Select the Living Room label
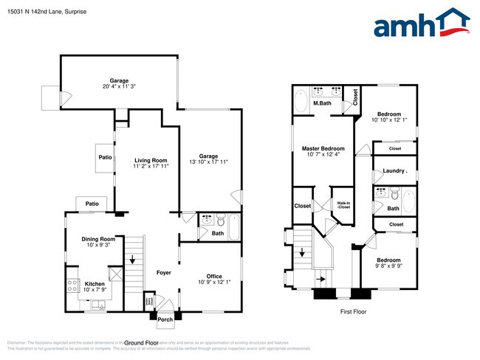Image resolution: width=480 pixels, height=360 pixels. point(151,160)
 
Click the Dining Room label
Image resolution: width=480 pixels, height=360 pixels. point(98,239)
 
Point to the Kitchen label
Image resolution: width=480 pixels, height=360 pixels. point(95,284)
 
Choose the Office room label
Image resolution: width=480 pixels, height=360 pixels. point(214,277)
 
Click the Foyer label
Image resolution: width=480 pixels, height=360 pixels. point(163,273)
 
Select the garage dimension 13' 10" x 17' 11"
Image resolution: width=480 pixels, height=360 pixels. point(208,163)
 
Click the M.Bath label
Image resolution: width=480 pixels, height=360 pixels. point(321,103)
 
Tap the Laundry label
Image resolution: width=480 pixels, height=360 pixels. point(395,171)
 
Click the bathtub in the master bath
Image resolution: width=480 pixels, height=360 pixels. point(302,101)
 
